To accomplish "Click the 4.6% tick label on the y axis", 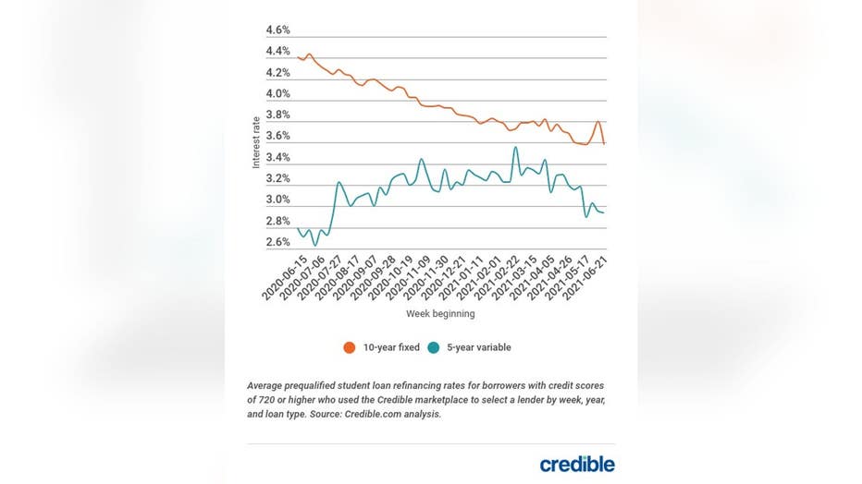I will coord(277,30).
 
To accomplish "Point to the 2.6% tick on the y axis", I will coord(277,243).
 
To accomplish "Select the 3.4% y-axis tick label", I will coord(277,158).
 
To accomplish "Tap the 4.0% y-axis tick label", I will coord(277,94).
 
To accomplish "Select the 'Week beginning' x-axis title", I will coord(440,314).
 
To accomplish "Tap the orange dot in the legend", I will coord(349,347).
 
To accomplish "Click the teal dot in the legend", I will coord(435,347).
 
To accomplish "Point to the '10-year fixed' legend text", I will coord(391,347).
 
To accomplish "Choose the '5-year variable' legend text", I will coord(479,347).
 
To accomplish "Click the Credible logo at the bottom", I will coord(577,464).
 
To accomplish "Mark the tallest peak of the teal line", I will coord(515,148).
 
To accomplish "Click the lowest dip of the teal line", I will coord(315,245).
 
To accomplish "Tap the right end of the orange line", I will coord(605,143).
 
